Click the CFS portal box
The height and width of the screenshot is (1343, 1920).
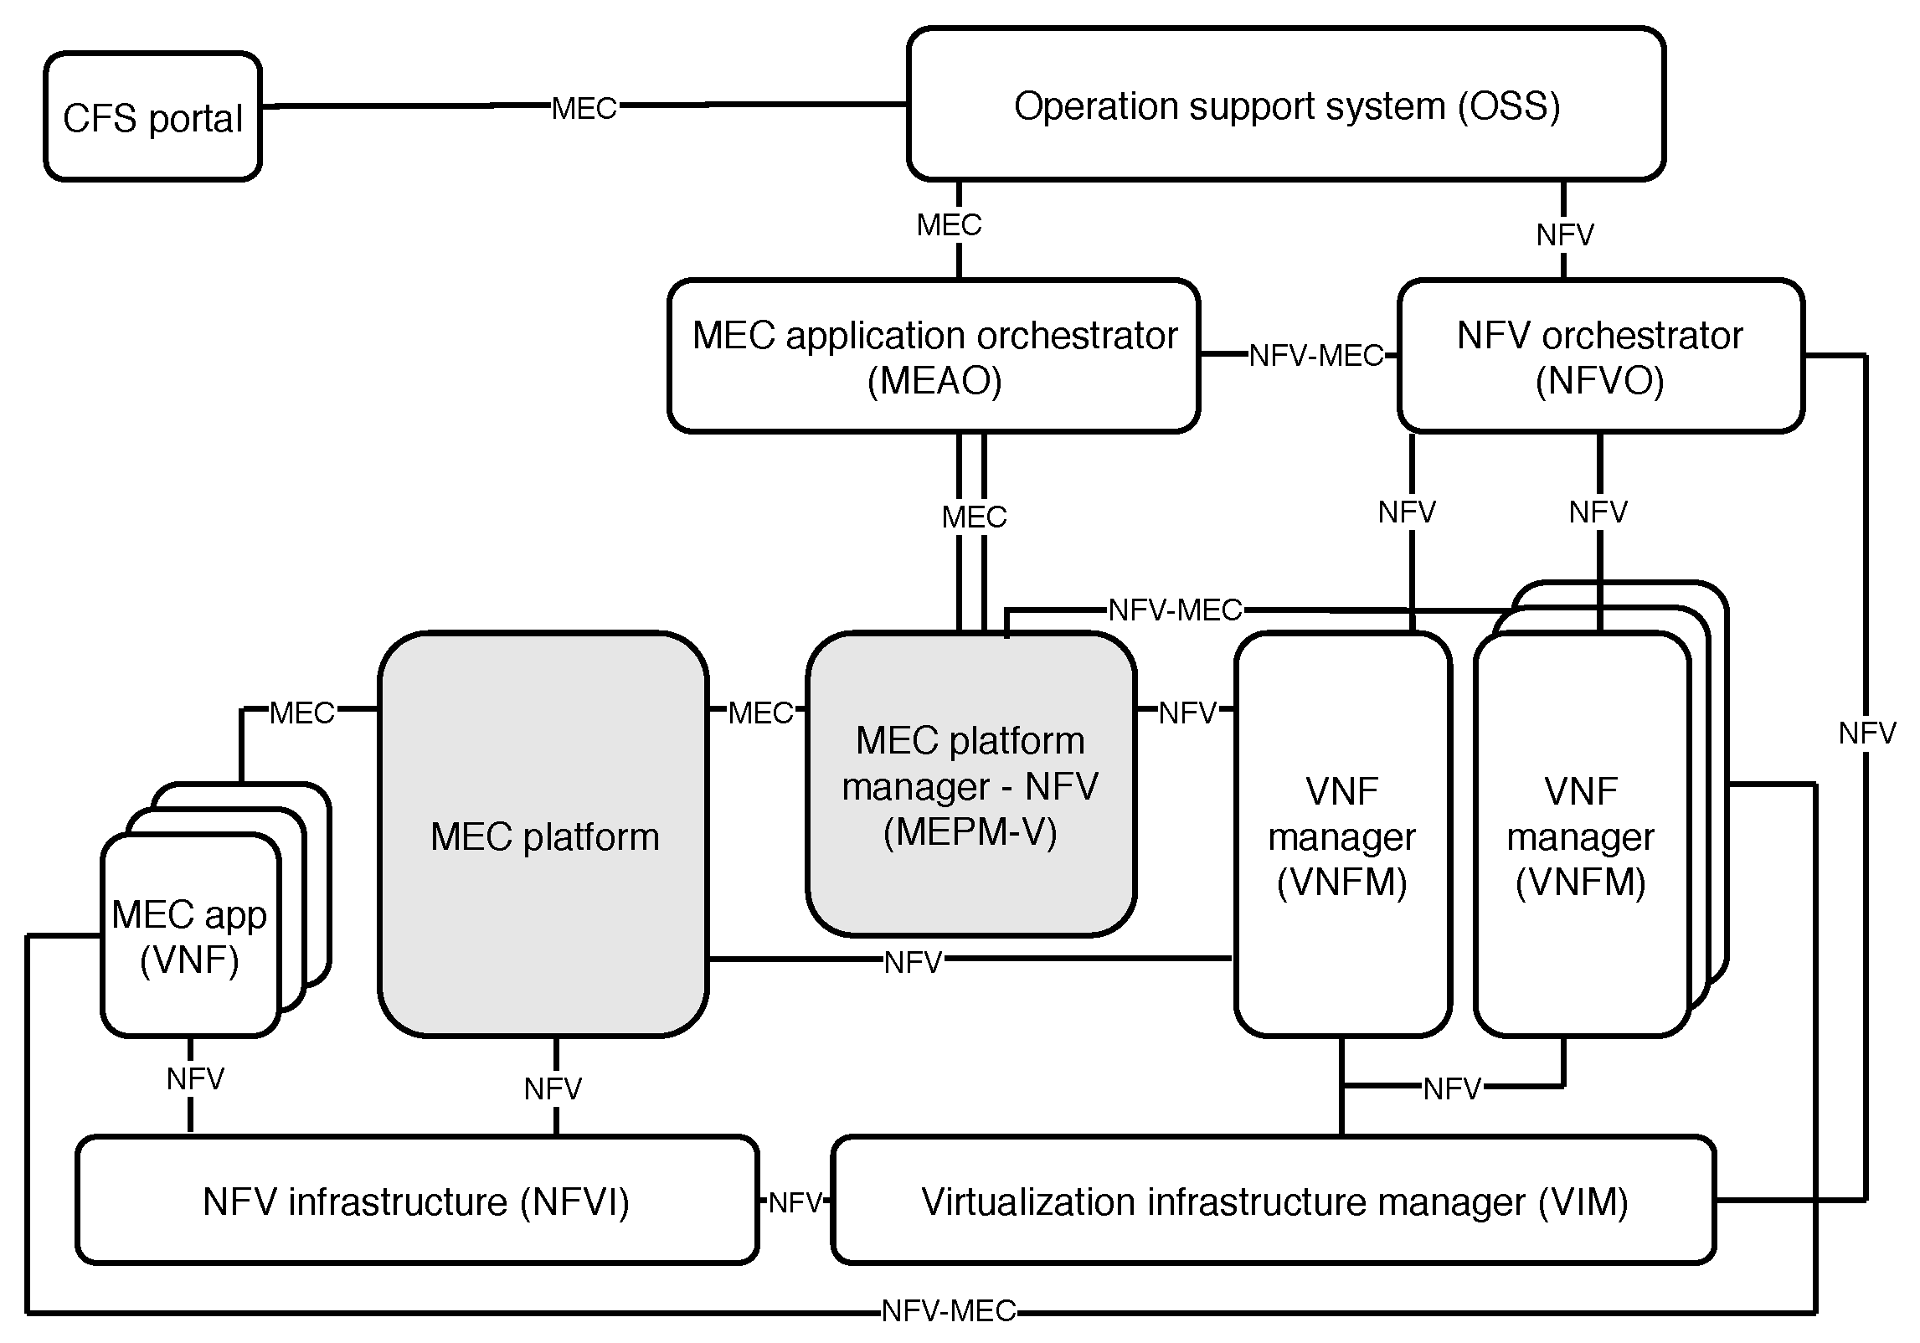[152, 117]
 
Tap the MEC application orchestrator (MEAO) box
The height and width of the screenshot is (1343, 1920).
[934, 357]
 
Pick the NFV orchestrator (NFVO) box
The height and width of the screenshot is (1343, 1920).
[1599, 357]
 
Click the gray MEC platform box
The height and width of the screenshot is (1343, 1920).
[543, 836]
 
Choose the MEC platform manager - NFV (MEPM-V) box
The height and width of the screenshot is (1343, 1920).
[970, 785]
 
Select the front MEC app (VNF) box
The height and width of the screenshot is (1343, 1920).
[189, 936]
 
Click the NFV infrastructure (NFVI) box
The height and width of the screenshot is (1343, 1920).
[416, 1201]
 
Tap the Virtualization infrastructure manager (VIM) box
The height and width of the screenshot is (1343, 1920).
[1273, 1201]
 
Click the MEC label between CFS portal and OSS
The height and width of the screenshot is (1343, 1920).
[584, 108]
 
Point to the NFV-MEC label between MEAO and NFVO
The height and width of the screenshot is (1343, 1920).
[1315, 356]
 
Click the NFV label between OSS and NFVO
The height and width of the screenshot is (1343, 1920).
[1564, 235]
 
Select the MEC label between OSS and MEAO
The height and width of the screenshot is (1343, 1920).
[949, 224]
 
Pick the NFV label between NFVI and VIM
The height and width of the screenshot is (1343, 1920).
[795, 1203]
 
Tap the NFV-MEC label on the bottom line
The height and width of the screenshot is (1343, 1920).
[949, 1310]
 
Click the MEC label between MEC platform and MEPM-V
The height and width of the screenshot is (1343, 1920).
[760, 713]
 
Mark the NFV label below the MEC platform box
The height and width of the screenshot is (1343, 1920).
[553, 1088]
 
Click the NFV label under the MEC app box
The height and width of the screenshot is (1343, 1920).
[195, 1079]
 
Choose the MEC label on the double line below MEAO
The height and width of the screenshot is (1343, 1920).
[973, 517]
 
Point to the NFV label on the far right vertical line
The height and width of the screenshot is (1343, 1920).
[1866, 733]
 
